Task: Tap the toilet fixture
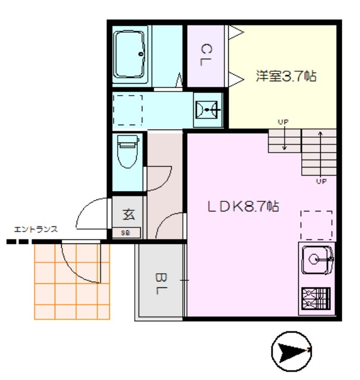128,151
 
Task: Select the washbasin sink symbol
207,110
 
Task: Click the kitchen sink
317,260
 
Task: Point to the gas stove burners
316,299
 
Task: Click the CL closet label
206,55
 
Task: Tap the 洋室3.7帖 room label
286,76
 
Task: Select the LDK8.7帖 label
243,207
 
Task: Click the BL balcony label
161,284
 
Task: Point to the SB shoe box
126,233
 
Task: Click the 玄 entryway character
129,214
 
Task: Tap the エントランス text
36,229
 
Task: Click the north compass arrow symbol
291,351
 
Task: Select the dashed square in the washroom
128,110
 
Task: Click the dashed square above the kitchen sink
317,226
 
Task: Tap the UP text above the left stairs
283,122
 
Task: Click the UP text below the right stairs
321,181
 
